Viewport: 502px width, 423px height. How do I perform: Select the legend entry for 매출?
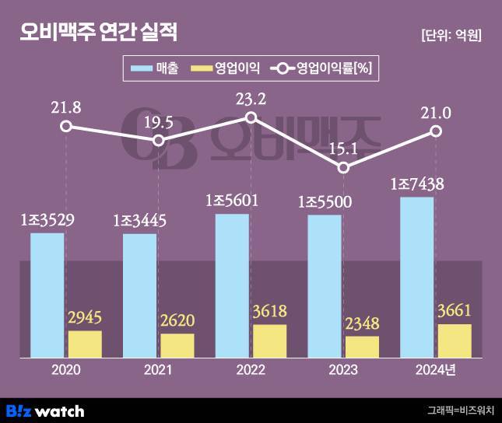(155, 69)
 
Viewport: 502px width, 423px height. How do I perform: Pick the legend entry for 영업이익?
(225, 69)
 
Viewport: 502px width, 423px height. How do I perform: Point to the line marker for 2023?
(344, 168)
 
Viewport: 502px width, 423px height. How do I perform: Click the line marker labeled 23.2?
(251, 117)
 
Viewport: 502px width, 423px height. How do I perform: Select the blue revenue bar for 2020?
(47, 295)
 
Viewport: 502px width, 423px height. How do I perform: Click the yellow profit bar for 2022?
(270, 341)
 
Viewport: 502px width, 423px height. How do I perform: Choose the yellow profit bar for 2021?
(177, 345)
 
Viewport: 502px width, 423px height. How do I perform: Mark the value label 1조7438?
(417, 184)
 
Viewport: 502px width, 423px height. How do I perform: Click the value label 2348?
(363, 323)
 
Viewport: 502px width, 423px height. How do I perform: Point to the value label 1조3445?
(140, 221)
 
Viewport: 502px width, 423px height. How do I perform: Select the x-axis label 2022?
(251, 371)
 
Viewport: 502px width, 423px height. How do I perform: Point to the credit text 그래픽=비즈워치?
(460, 411)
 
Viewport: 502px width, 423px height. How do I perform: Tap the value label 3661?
(455, 311)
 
